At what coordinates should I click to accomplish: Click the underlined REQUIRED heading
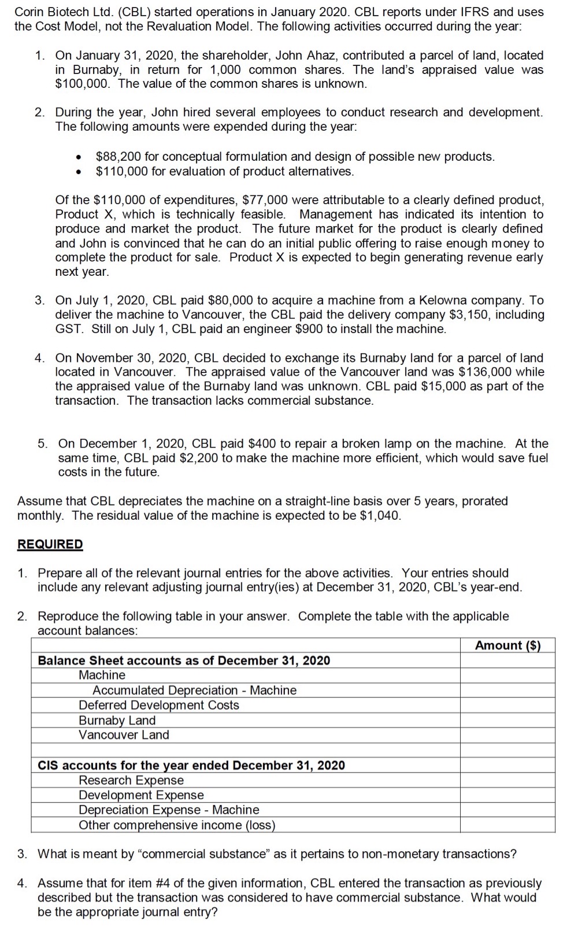point(50,544)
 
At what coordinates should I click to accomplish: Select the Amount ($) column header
point(507,645)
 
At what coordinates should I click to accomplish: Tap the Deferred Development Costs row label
point(159,705)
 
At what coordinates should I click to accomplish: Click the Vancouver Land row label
point(124,735)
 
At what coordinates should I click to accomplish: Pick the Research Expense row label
point(131,780)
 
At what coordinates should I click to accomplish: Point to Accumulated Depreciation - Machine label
point(194,690)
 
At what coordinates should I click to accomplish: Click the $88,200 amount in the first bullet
point(114,157)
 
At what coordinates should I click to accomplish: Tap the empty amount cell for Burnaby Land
point(507,720)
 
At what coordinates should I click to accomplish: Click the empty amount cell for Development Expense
point(507,795)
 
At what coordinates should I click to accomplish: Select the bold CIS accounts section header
point(191,765)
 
